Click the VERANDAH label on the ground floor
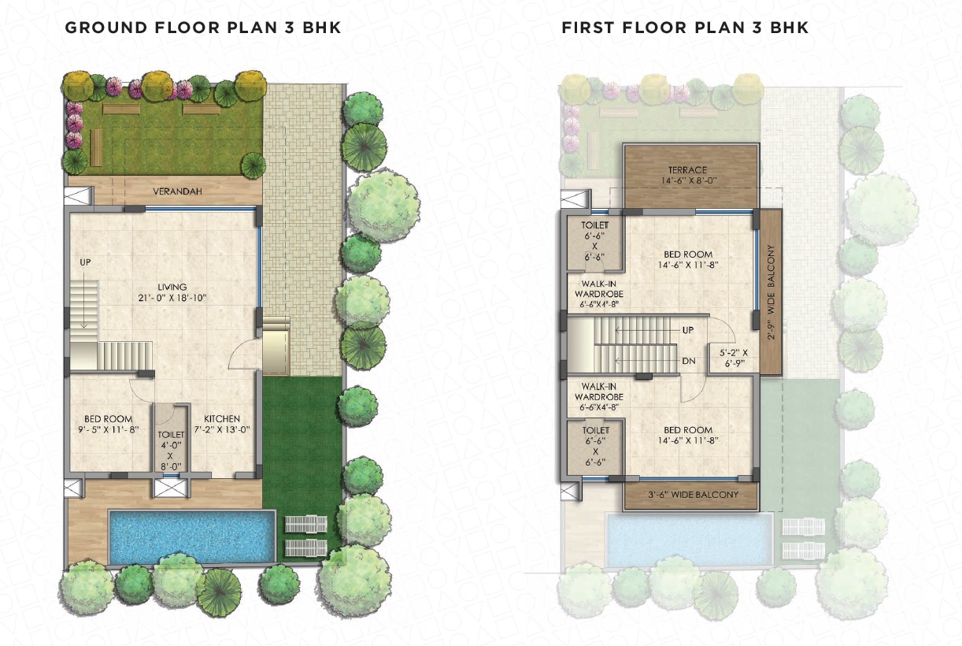(x=177, y=191)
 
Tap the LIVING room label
(x=172, y=287)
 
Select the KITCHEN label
(x=222, y=418)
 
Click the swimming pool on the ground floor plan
(x=192, y=536)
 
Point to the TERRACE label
(x=687, y=170)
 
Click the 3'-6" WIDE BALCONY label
(x=693, y=495)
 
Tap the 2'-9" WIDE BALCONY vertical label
(x=771, y=292)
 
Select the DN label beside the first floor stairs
(x=689, y=361)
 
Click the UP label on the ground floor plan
(x=85, y=262)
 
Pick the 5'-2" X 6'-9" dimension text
(x=734, y=358)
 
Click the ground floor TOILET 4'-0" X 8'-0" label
(x=171, y=451)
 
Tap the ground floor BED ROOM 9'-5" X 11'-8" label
(x=108, y=424)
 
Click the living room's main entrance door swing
(x=245, y=354)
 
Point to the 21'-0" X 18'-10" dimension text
(x=172, y=298)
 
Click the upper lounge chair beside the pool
(x=306, y=525)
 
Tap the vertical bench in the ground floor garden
(x=97, y=147)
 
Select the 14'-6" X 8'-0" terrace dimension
(x=689, y=181)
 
